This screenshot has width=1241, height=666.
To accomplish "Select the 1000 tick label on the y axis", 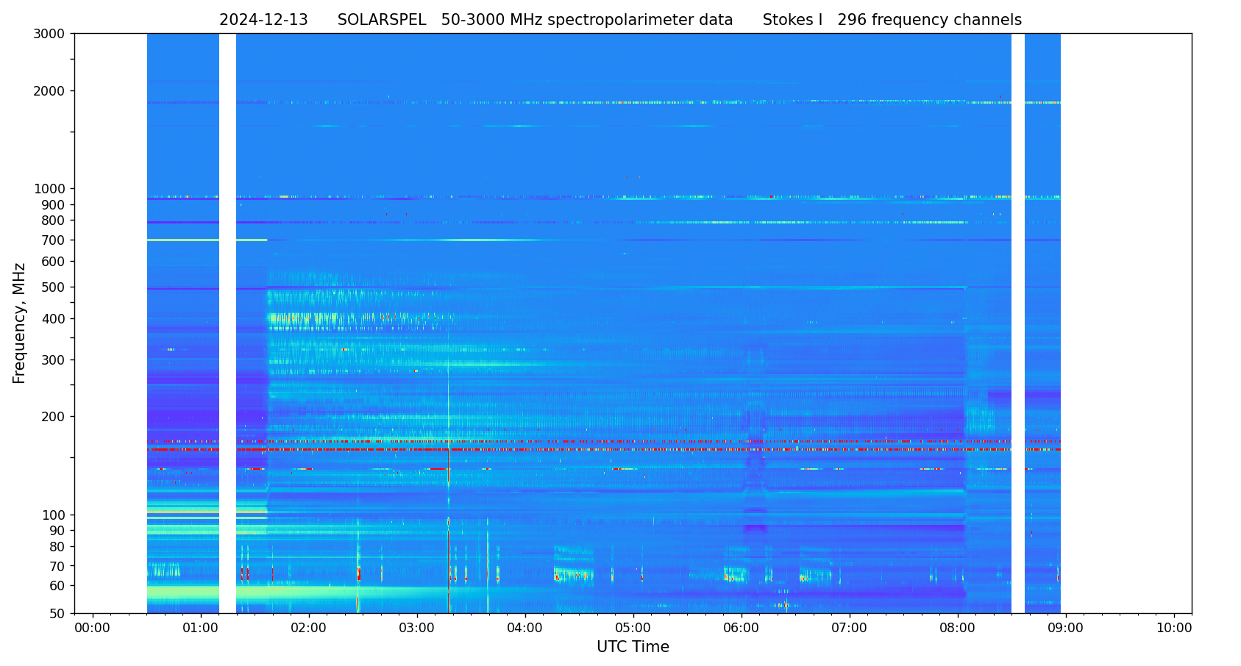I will [49, 189].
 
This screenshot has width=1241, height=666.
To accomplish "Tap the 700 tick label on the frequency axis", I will [53, 240].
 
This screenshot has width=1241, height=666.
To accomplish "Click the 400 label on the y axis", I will [53, 319].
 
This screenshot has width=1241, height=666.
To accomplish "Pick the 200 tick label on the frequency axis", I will [53, 417].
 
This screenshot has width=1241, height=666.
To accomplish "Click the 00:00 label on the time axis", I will [93, 629].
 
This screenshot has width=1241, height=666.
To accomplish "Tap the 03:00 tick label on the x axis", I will [417, 629].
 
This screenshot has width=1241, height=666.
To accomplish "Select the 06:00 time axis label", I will [742, 629].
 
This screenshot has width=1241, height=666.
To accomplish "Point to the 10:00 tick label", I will [1174, 629].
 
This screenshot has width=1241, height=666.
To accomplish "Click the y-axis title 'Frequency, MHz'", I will [20, 323].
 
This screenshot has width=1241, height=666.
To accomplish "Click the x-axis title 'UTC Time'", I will [633, 647].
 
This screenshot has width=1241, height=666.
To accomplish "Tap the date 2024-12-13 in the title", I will [263, 21].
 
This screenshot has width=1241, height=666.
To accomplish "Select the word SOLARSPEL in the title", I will [382, 21].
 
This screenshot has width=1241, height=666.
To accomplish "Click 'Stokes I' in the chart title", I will [792, 21].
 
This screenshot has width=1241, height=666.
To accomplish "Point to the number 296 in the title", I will [852, 21].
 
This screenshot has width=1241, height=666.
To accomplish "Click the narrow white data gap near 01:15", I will [227, 323].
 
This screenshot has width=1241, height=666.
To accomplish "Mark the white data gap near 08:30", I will [1017, 323].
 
